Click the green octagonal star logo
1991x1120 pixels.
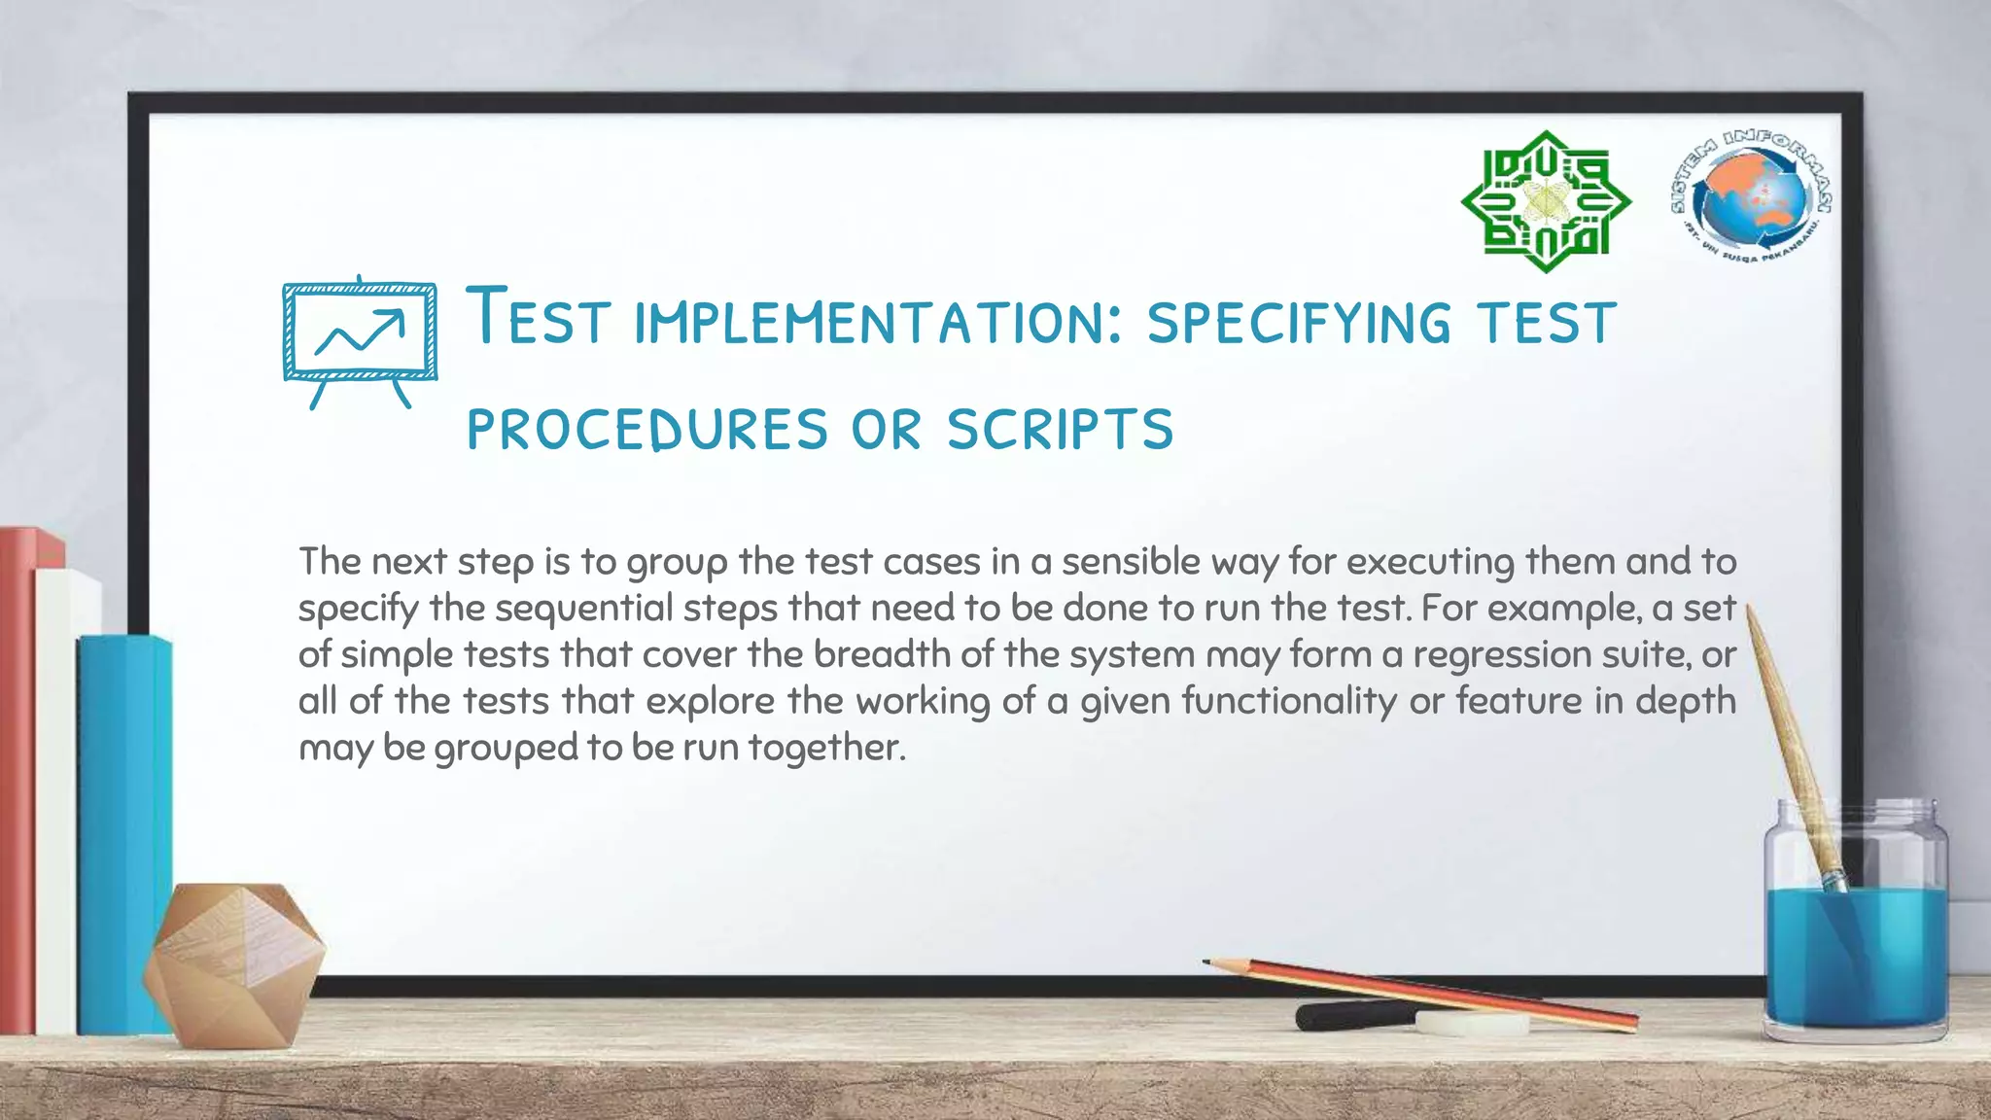pyautogui.click(x=1546, y=201)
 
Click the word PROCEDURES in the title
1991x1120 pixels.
pyautogui.click(x=647, y=429)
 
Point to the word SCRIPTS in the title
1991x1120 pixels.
pyautogui.click(x=1061, y=429)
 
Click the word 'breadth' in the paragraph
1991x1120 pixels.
pyautogui.click(x=881, y=654)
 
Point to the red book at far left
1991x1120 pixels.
pyautogui.click(x=17, y=778)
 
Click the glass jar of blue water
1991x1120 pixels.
pyautogui.click(x=1855, y=933)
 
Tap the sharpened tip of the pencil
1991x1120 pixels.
pyautogui.click(x=1208, y=962)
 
